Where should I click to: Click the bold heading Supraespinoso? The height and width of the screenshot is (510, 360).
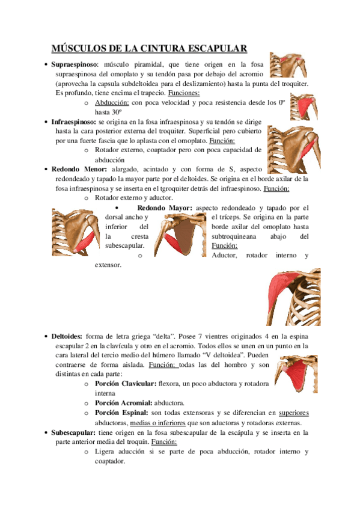(74, 64)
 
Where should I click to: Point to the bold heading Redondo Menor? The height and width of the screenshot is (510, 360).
(75, 170)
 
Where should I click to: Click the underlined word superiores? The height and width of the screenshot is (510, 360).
(294, 413)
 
